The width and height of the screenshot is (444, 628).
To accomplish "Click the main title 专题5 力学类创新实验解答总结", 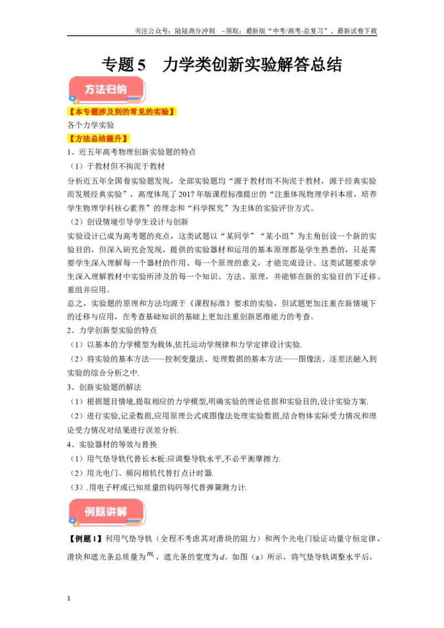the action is point(221,64).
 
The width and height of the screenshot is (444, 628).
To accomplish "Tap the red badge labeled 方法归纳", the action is point(107,89).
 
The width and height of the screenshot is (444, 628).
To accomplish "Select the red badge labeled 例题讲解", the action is point(107,512).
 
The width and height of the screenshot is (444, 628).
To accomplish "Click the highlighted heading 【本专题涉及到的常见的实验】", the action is point(122,112).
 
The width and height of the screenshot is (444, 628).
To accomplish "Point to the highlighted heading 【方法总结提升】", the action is point(98,139).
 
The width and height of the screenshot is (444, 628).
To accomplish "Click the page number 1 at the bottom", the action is point(69,599).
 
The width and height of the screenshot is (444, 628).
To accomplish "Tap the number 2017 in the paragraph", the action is point(186,194).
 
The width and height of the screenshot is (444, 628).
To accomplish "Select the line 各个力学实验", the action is point(90,125).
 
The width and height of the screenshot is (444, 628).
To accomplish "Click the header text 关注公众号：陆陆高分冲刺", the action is point(175,31).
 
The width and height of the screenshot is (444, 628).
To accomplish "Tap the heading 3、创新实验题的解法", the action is point(104,387).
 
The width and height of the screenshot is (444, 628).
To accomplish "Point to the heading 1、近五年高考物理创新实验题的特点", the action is point(132,152).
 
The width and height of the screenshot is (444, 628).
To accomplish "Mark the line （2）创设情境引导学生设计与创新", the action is point(129,222).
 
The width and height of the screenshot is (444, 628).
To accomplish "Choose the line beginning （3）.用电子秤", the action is point(158,488).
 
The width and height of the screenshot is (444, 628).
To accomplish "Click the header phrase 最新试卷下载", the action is point(357,31).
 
